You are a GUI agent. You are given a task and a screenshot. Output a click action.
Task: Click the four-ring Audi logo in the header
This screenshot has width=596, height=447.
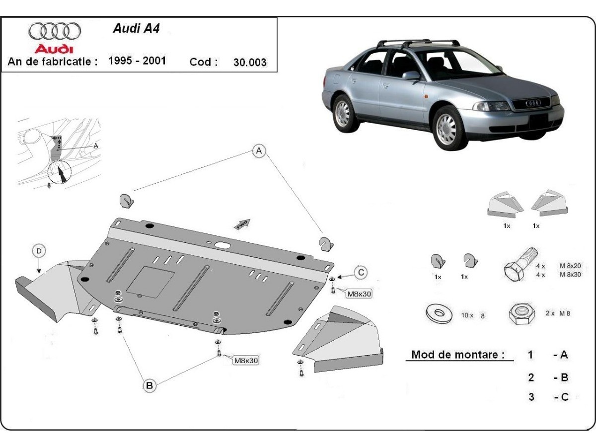pyautogui.click(x=54, y=31)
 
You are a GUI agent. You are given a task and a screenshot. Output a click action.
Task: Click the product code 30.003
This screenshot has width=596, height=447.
pyautogui.click(x=249, y=63)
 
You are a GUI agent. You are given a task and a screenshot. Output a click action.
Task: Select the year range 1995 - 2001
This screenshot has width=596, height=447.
pyautogui.click(x=137, y=61)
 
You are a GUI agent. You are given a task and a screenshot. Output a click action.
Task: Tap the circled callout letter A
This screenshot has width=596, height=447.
pyautogui.click(x=258, y=151)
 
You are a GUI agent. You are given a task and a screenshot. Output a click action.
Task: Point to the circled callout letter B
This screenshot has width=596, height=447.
pyautogui.click(x=149, y=384)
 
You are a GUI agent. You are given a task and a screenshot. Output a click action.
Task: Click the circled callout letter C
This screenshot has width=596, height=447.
pyautogui.click(x=361, y=272)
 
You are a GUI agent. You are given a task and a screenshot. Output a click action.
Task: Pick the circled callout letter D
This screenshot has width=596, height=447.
pyautogui.click(x=39, y=251)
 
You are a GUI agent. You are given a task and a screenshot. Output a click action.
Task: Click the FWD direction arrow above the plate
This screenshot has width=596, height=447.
pyautogui.click(x=242, y=223)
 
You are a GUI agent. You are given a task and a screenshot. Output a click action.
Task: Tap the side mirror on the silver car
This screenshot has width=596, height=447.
pyautogui.click(x=411, y=75)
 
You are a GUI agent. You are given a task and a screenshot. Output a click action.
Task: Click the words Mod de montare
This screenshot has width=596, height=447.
pyautogui.click(x=457, y=355)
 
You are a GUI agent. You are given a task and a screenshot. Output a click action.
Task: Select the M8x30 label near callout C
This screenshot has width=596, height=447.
pyautogui.click(x=359, y=294)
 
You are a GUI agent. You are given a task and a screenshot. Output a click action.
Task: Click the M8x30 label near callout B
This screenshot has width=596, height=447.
pyautogui.click(x=245, y=361)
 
